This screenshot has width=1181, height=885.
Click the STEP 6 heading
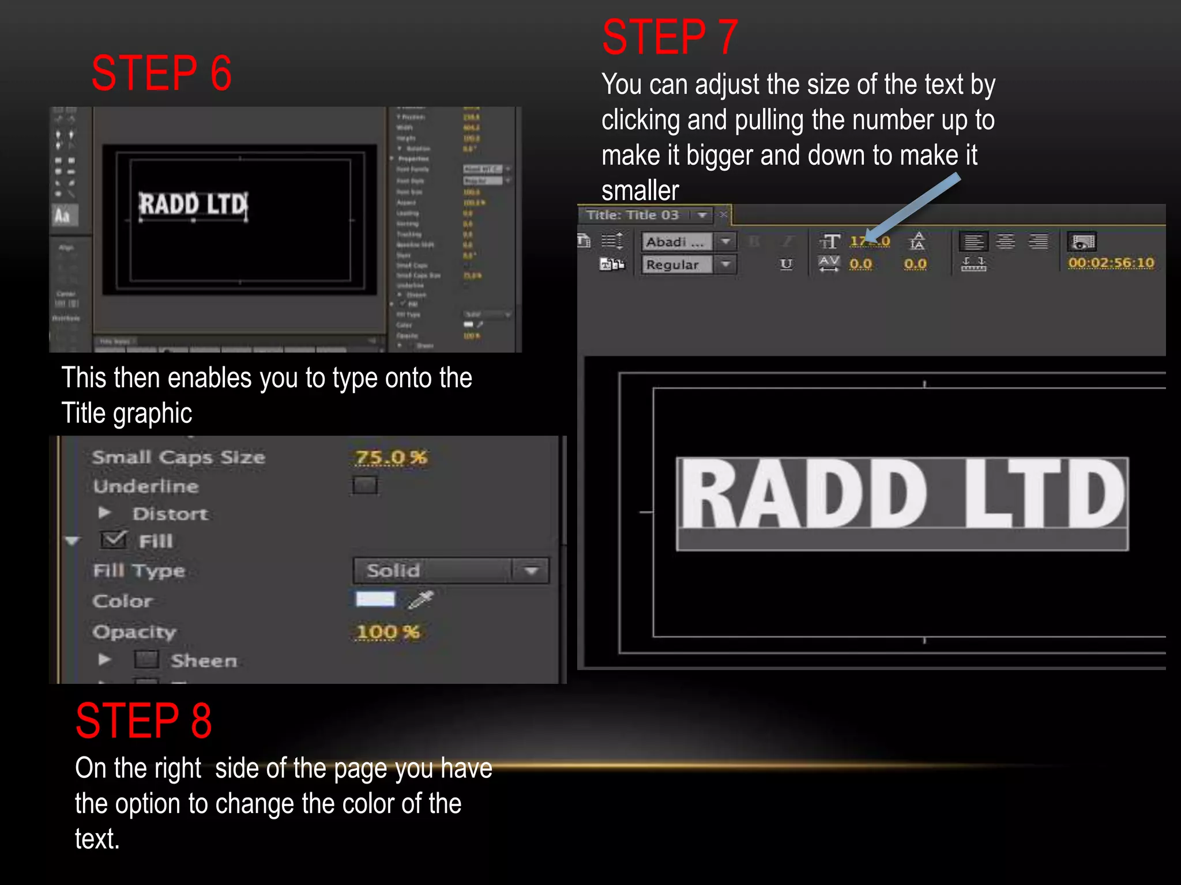pos(161,74)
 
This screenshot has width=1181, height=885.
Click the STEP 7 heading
pos(670,37)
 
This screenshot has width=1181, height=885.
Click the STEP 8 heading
pos(144,721)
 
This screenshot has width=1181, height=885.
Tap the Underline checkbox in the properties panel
pos(365,486)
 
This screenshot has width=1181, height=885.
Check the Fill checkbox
pos(114,540)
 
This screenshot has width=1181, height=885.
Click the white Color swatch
pos(375,600)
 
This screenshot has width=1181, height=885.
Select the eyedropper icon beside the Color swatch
pos(421,600)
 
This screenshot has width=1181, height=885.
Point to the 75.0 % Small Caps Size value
pos(391,457)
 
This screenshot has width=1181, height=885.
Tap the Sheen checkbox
pos(146,660)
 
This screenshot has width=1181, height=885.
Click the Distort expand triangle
pos(104,513)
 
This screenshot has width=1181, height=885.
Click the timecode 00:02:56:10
pos(1111,263)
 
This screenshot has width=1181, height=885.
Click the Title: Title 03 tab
pos(633,215)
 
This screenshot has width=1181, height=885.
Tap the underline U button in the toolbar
pos(786,264)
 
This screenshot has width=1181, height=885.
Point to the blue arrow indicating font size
pos(914,208)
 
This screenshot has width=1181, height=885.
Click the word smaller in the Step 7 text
pos(640,191)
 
